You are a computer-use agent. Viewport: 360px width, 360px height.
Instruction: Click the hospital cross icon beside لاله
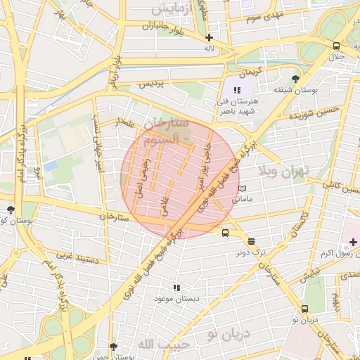(209, 38)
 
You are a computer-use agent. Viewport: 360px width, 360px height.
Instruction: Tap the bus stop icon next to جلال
(336, 46)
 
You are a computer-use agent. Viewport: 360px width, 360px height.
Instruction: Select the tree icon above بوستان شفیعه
(295, 79)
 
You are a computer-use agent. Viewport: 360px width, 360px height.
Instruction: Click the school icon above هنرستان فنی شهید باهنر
(237, 90)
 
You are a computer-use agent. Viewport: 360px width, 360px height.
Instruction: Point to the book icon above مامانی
(243, 188)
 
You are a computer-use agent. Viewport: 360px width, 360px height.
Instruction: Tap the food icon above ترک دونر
(252, 240)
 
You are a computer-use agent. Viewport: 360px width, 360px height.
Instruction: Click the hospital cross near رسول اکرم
(353, 242)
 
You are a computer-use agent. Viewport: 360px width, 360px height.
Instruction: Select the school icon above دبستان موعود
(176, 288)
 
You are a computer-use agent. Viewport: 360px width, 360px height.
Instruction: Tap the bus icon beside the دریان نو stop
(304, 309)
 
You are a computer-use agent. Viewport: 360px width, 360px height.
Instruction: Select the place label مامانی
(243, 200)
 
